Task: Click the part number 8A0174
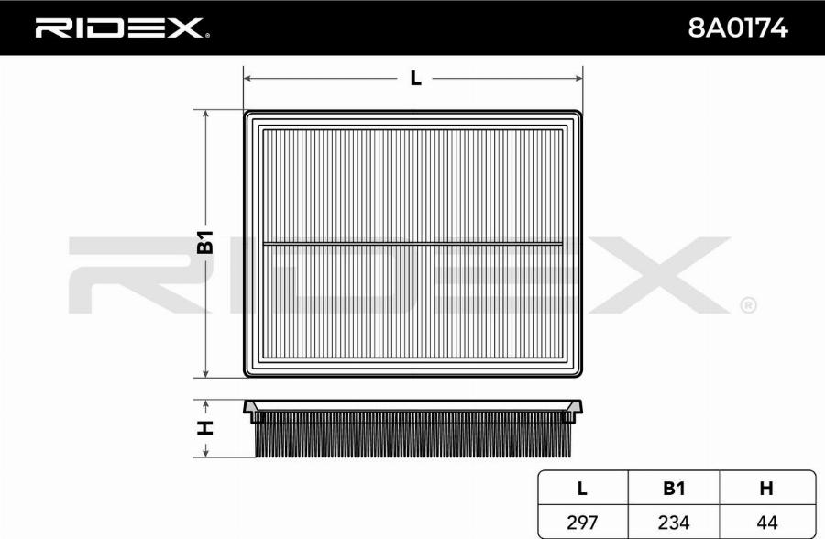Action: (738, 27)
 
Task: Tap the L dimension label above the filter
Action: (415, 79)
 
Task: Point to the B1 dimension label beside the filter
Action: (205, 242)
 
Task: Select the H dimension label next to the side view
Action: (205, 428)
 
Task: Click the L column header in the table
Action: (582, 489)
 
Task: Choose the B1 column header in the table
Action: (674, 489)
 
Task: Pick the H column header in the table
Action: (766, 489)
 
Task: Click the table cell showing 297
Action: (582, 522)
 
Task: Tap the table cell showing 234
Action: (674, 522)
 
